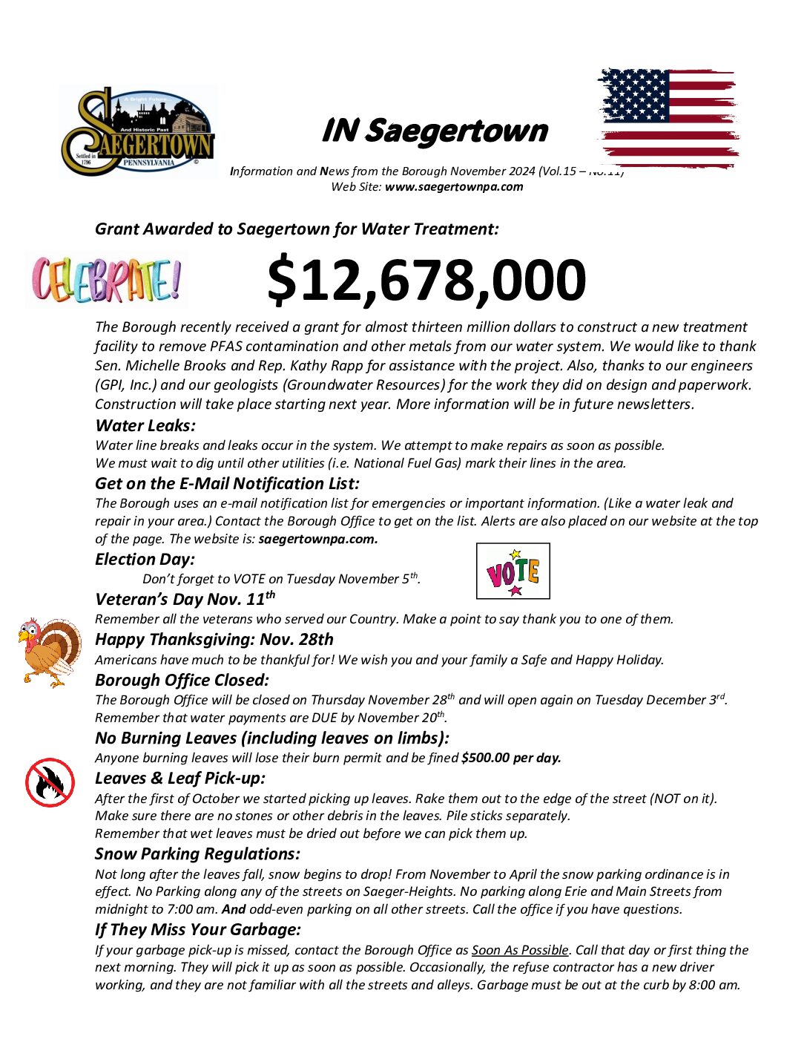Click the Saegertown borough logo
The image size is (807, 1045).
click(138, 131)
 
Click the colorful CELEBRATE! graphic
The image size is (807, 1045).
click(106, 280)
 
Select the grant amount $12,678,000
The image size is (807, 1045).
click(426, 280)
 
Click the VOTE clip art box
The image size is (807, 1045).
click(513, 571)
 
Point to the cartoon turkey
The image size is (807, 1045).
click(50, 650)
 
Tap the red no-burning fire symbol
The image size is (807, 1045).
click(50, 782)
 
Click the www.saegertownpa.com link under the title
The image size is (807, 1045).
click(454, 187)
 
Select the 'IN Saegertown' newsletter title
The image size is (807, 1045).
click(434, 131)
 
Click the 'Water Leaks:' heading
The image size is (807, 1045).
click(145, 425)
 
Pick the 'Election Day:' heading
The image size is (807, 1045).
click(145, 559)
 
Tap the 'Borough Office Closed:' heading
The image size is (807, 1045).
click(182, 680)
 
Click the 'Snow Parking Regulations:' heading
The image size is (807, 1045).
click(197, 854)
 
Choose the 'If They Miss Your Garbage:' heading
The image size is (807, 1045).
click(198, 929)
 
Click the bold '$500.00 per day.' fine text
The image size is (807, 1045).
click(511, 758)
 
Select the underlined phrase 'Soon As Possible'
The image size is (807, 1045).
click(520, 950)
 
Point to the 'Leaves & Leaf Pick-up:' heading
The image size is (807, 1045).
click(179, 778)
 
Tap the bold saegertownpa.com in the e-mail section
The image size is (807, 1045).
click(318, 539)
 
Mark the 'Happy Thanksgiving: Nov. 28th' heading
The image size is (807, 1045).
click(214, 639)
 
